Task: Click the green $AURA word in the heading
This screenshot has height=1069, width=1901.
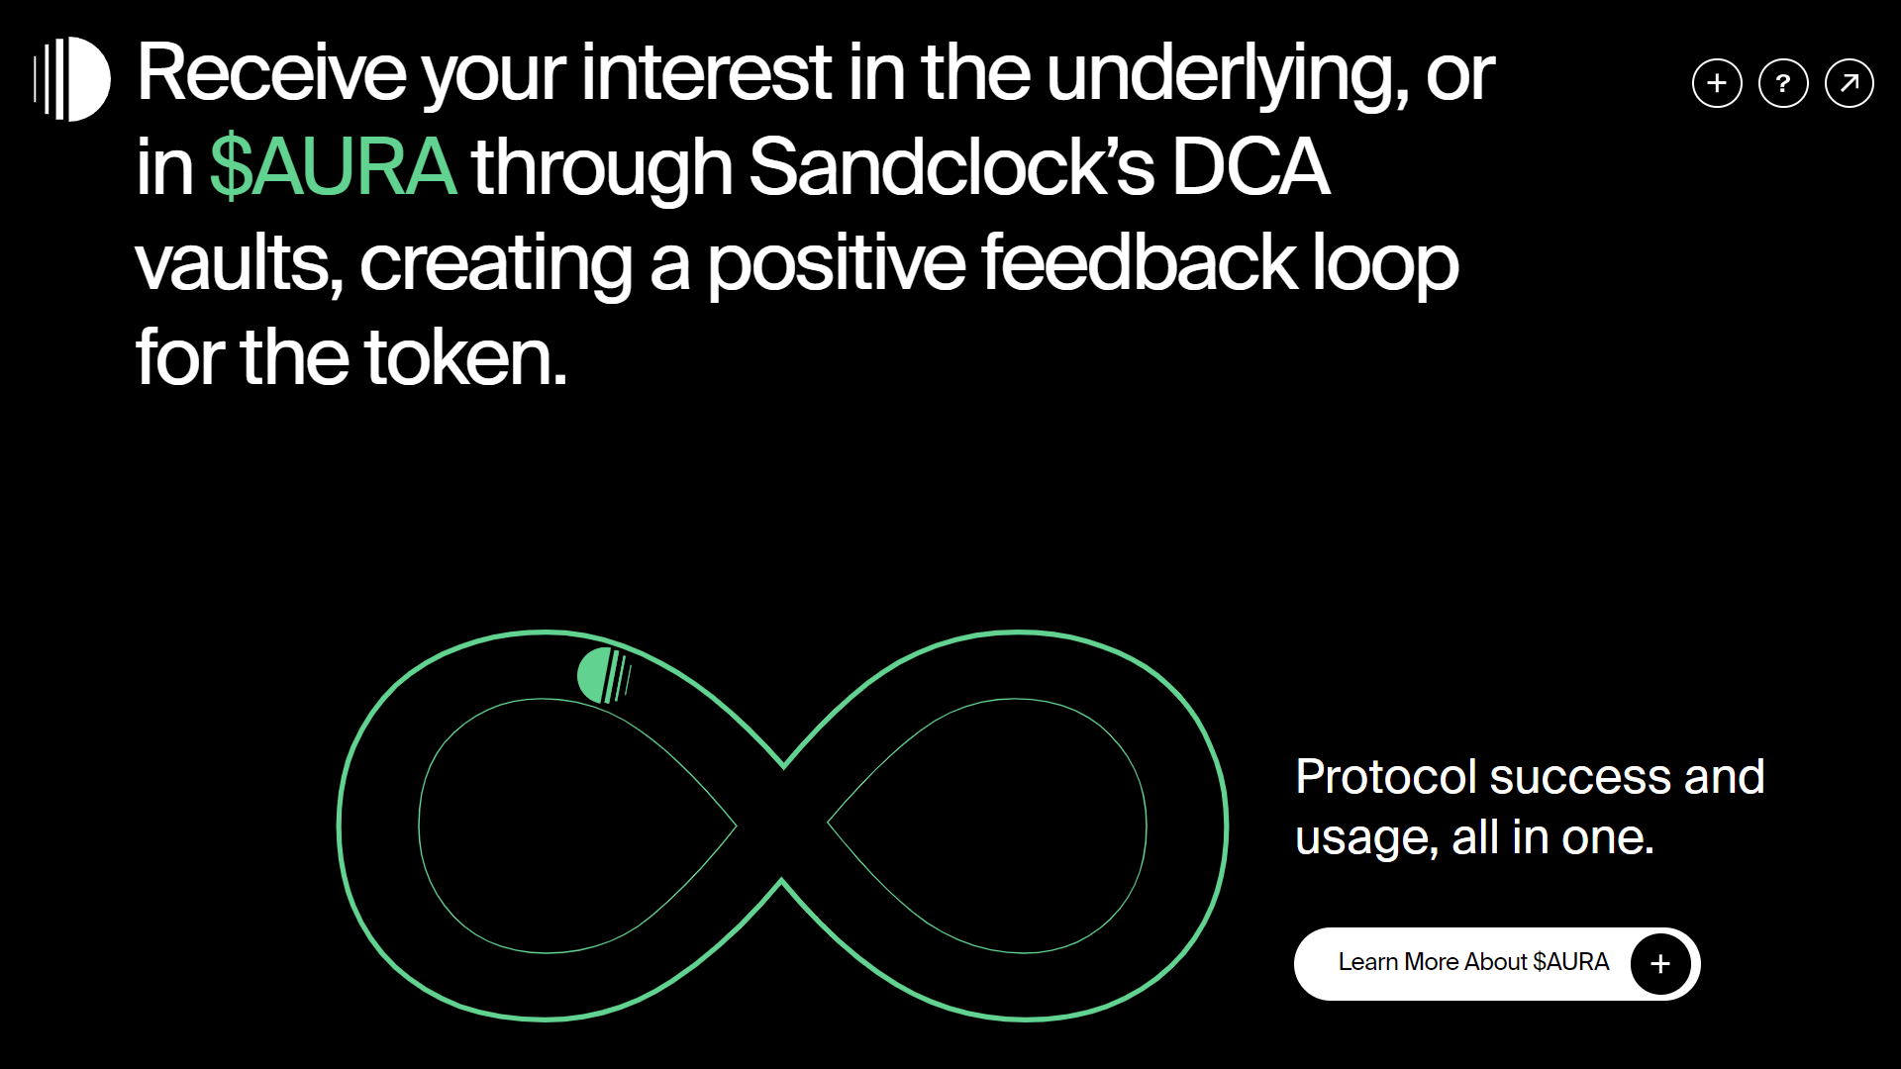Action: pyautogui.click(x=334, y=166)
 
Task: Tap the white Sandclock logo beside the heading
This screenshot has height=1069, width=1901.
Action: pyautogui.click(x=72, y=79)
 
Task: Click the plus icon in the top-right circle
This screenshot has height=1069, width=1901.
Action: pyautogui.click(x=1717, y=83)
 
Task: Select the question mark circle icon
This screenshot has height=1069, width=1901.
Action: pyautogui.click(x=1783, y=83)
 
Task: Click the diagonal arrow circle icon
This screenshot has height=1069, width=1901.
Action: pyautogui.click(x=1850, y=83)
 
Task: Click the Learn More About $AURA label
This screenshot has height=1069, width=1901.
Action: pyautogui.click(x=1473, y=962)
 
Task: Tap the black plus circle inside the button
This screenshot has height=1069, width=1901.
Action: pyautogui.click(x=1660, y=964)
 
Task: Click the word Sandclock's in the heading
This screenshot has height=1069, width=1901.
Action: pyautogui.click(x=951, y=166)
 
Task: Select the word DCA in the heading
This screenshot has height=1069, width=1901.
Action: pyautogui.click(x=1251, y=166)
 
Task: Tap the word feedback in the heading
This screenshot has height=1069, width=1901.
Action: pyautogui.click(x=1139, y=262)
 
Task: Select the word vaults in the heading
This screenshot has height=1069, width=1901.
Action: pyautogui.click(x=240, y=263)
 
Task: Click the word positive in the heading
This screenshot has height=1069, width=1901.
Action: pyautogui.click(x=836, y=265)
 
